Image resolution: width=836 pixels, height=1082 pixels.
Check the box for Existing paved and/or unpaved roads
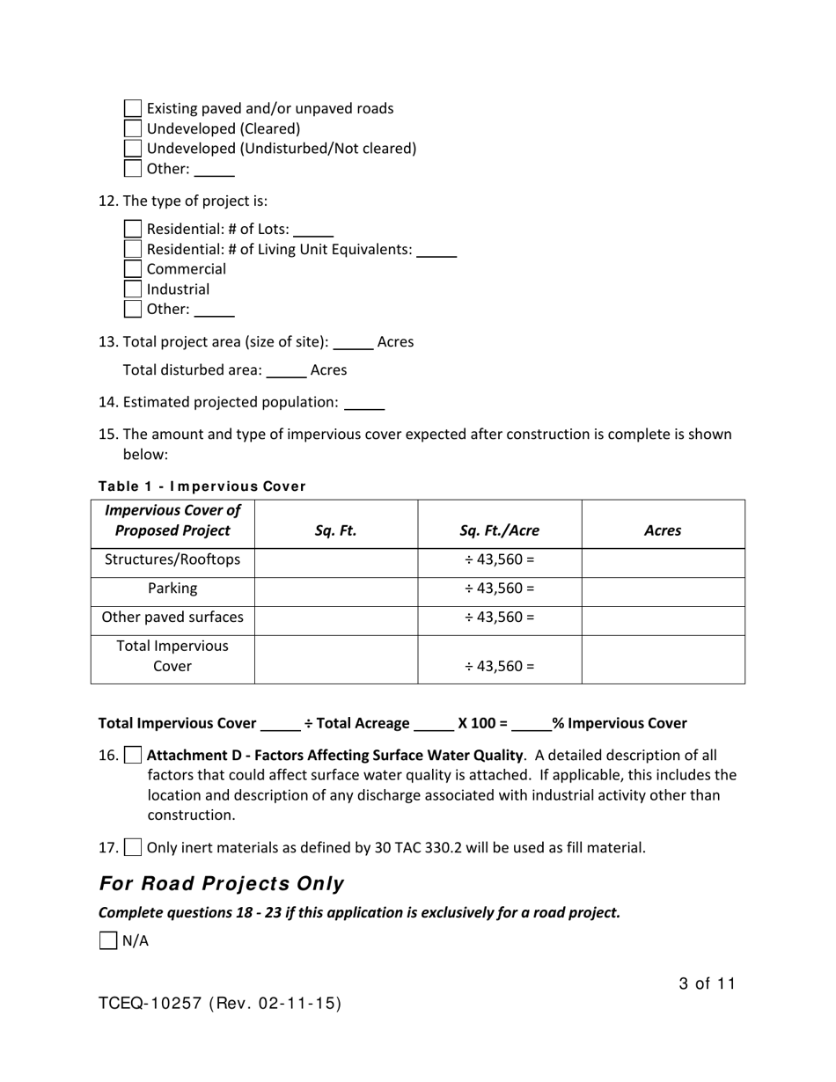coord(133,108)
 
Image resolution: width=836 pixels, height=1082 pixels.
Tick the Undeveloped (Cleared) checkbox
coord(133,128)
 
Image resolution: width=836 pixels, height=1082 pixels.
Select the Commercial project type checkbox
coord(133,269)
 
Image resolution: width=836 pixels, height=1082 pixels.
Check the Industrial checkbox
coord(133,289)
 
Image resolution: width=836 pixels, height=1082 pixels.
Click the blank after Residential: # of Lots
coord(313,230)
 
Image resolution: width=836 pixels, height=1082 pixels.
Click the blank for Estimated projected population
coord(364,403)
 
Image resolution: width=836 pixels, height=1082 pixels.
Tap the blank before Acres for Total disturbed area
coord(286,371)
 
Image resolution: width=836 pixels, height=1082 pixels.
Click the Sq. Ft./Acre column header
coord(499,530)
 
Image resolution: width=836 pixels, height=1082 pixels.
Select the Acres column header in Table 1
coord(663,530)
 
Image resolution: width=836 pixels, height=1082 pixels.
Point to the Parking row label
coord(172,589)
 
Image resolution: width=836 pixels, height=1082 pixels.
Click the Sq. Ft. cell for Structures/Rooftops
coord(335,560)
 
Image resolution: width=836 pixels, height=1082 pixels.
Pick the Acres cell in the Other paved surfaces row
coord(663,618)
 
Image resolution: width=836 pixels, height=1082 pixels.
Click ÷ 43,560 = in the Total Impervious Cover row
coord(499,666)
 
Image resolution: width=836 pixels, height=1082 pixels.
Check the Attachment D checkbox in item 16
coord(133,755)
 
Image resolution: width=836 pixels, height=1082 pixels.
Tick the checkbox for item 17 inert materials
coord(133,848)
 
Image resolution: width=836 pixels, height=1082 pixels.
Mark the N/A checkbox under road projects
coord(108,940)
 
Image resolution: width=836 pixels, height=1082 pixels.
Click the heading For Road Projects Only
coord(222,884)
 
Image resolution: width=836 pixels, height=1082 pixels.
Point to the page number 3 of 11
coord(707,984)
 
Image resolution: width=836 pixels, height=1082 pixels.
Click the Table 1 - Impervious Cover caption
coord(202,486)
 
